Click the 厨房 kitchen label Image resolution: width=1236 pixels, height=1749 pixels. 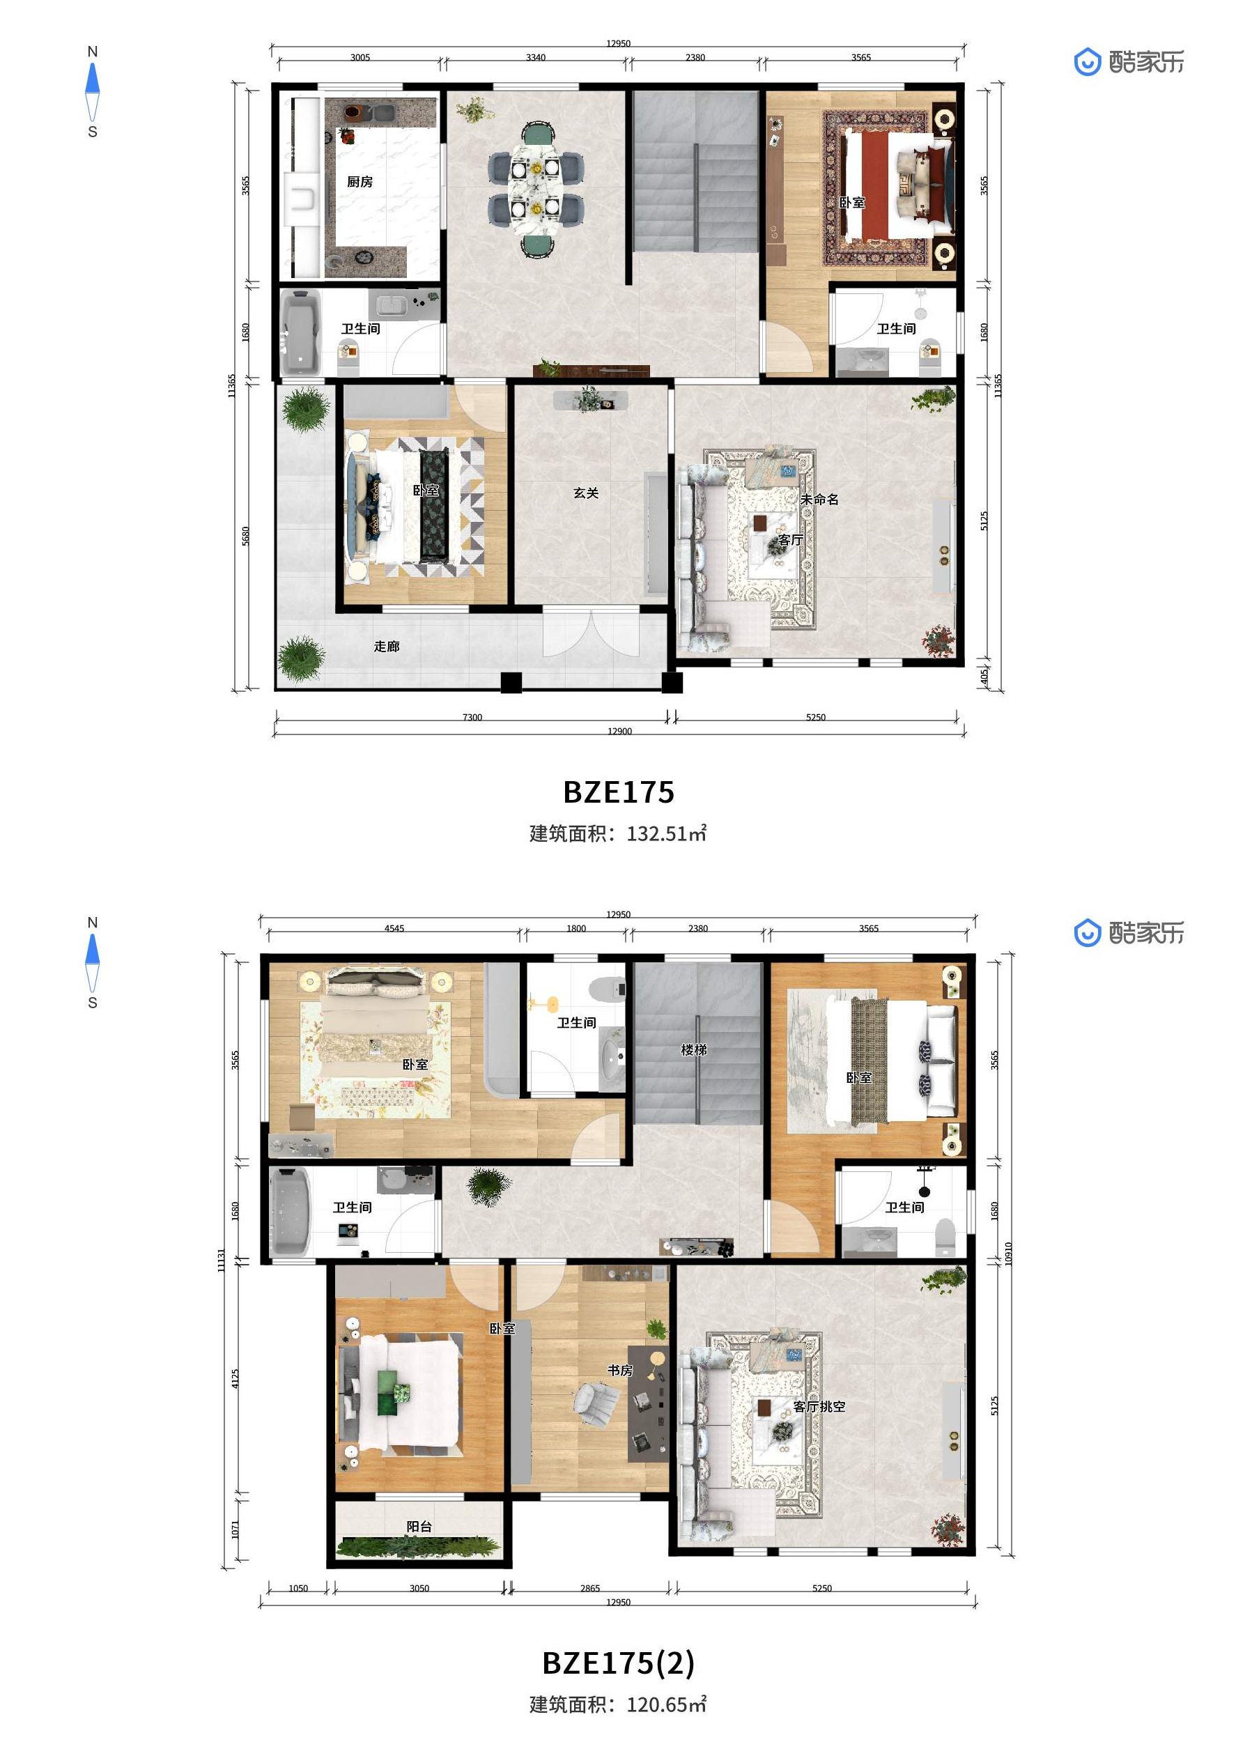click(x=360, y=181)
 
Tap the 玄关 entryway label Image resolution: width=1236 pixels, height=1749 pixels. click(x=586, y=493)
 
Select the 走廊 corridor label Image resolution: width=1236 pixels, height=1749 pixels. click(x=386, y=646)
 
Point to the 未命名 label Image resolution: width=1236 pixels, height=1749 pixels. click(x=819, y=499)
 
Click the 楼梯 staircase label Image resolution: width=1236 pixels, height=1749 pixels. click(x=694, y=1049)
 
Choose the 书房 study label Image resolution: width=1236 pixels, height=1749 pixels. click(x=620, y=1370)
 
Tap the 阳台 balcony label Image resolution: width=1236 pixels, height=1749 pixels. click(x=419, y=1526)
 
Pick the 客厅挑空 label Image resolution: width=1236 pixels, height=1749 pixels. click(x=819, y=1406)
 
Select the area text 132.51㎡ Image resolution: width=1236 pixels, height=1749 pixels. click(x=666, y=833)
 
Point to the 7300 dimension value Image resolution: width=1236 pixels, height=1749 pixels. click(x=472, y=717)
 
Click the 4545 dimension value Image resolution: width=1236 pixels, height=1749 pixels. click(x=394, y=928)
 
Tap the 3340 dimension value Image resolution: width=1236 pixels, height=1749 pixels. click(x=535, y=57)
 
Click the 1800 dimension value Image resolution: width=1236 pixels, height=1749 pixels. click(x=576, y=928)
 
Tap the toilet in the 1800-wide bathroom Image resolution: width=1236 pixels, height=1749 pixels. click(x=607, y=989)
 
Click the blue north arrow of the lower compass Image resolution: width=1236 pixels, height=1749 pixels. click(x=92, y=948)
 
